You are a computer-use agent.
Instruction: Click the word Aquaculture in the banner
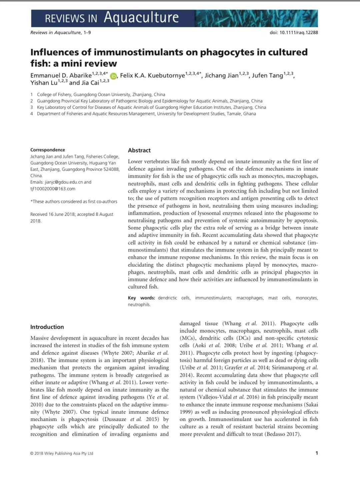point(141,17)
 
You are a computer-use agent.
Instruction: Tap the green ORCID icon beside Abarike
point(113,76)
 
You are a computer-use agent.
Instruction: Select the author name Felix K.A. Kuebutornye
point(152,75)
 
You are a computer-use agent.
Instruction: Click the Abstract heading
point(139,150)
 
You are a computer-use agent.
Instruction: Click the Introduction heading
point(47,327)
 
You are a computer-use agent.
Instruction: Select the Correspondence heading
point(48,150)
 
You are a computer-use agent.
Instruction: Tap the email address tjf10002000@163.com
point(53,188)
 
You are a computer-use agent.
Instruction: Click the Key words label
point(141,298)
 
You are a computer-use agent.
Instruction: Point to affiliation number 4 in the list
point(32,114)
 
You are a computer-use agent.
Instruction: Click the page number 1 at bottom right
point(316,453)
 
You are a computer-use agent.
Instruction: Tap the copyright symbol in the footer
point(32,453)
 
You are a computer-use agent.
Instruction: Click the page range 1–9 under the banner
point(87,32)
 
